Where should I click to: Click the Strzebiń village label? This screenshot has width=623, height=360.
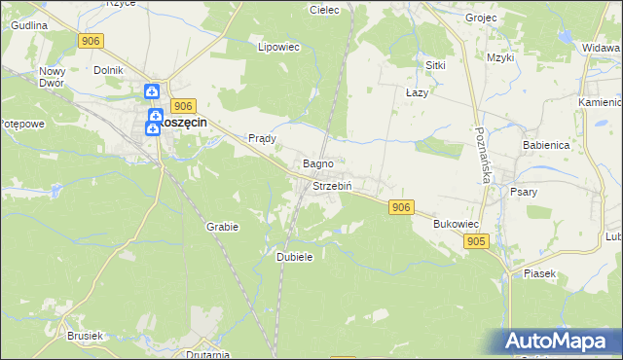pyautogui.click(x=331, y=186)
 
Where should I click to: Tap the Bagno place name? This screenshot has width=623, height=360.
pyautogui.click(x=318, y=163)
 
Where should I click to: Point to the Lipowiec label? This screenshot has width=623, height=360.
pyautogui.click(x=275, y=46)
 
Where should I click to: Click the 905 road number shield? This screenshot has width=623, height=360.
pyautogui.click(x=476, y=241)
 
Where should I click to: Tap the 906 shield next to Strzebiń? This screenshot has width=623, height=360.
pyautogui.click(x=400, y=207)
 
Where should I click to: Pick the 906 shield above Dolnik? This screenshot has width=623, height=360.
pyautogui.click(x=91, y=40)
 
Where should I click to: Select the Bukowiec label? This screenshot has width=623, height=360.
pyautogui.click(x=455, y=224)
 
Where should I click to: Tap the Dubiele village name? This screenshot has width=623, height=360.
pyautogui.click(x=294, y=256)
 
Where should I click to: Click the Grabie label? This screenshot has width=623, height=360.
pyautogui.click(x=222, y=226)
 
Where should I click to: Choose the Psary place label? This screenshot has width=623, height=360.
pyautogui.click(x=524, y=192)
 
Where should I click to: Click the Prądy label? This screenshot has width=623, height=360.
pyautogui.click(x=263, y=138)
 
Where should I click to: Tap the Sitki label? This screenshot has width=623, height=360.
pyautogui.click(x=435, y=64)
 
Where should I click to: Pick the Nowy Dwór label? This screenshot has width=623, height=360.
pyautogui.click(x=52, y=77)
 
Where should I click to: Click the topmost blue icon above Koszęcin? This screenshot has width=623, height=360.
pyautogui.click(x=153, y=91)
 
